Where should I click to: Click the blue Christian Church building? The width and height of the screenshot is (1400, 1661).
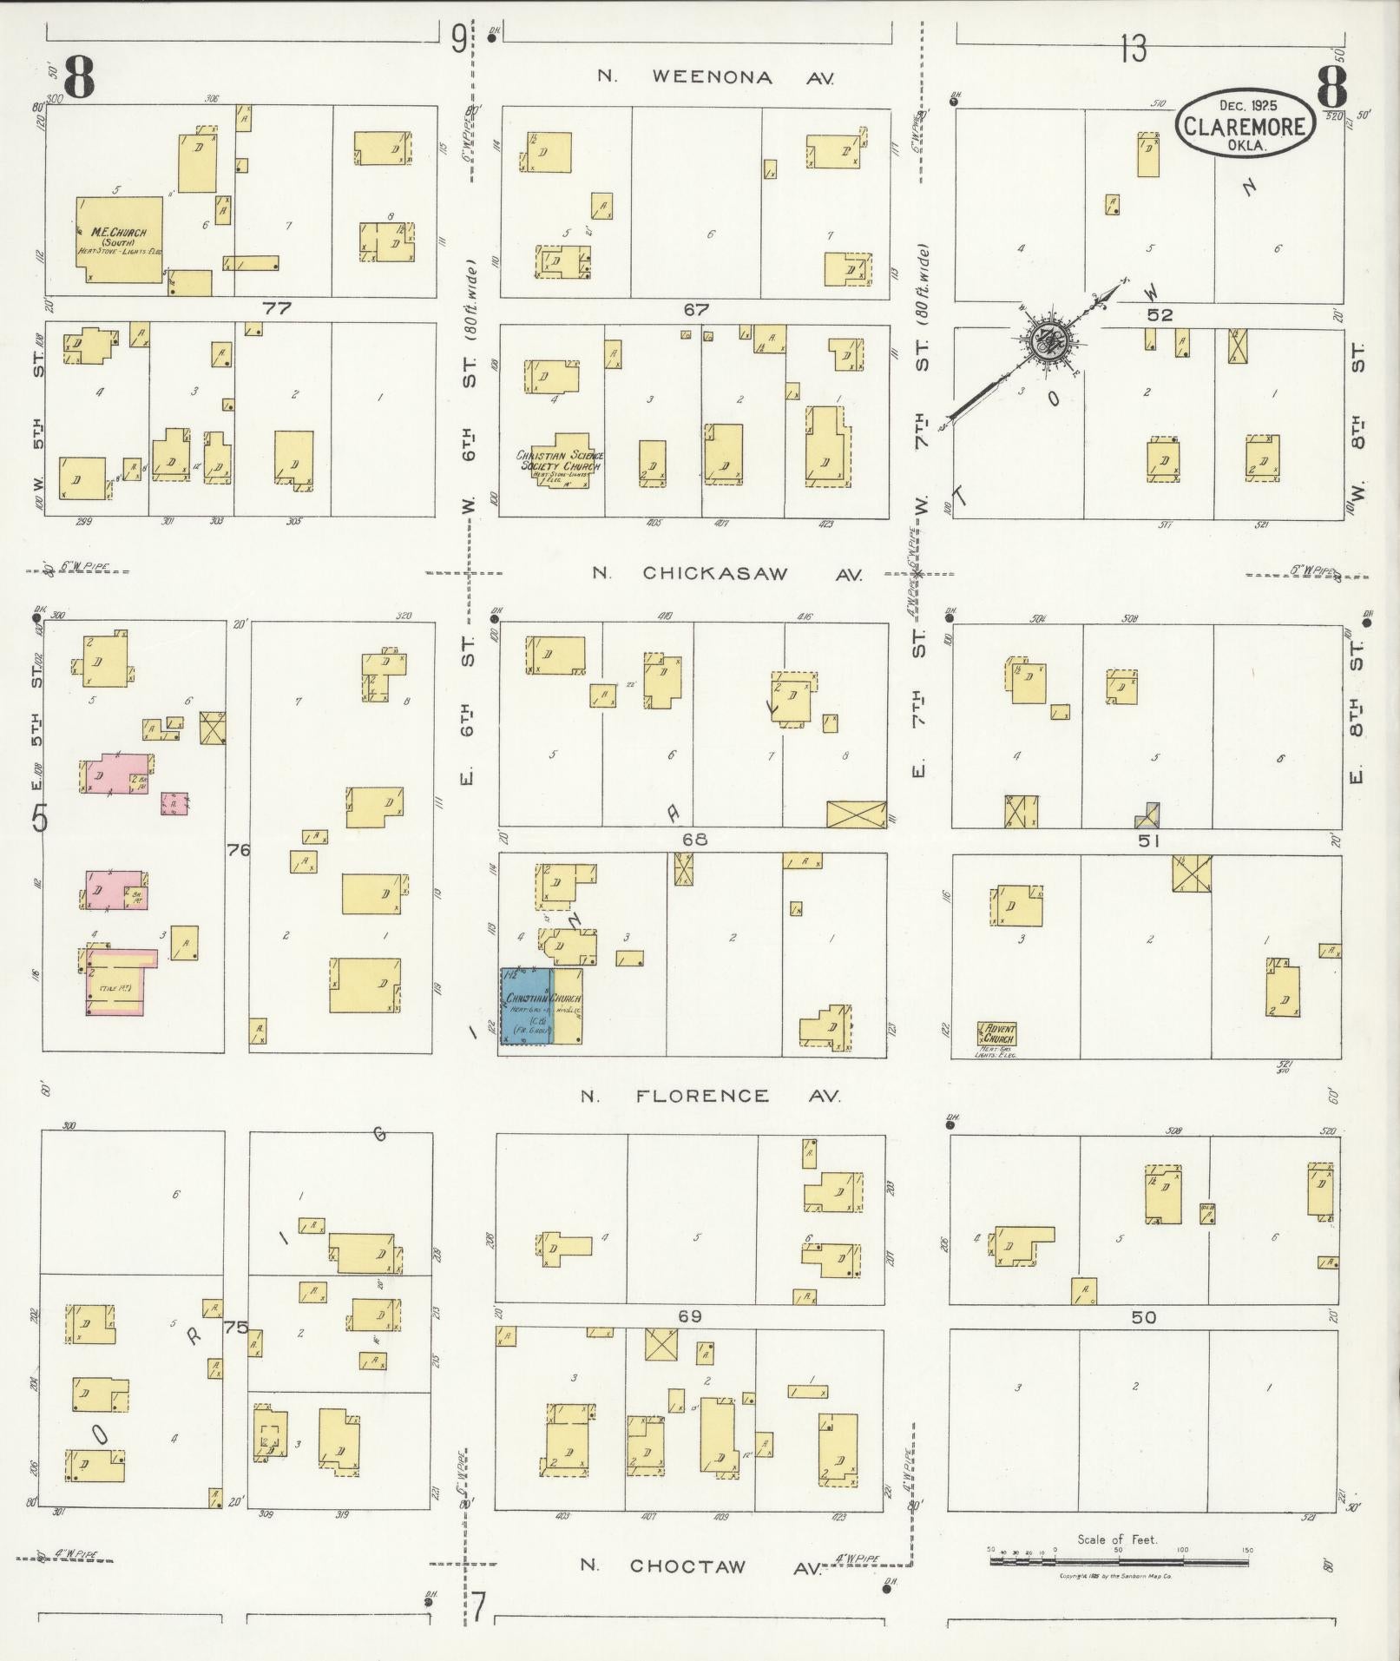(x=525, y=1005)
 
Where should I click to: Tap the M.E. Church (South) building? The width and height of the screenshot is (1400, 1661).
(x=121, y=239)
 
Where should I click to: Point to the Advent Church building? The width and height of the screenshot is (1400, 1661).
(x=997, y=1034)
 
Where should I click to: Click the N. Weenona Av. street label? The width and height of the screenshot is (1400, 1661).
(x=716, y=77)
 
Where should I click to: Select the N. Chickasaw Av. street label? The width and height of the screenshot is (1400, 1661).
(x=726, y=573)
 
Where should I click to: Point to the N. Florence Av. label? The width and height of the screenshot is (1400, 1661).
(x=710, y=1096)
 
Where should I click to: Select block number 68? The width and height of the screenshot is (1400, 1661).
(x=694, y=840)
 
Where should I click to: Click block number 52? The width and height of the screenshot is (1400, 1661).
(x=1160, y=315)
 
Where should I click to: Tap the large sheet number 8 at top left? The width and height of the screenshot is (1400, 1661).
(x=78, y=81)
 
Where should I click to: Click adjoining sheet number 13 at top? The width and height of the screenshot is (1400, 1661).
(x=1133, y=49)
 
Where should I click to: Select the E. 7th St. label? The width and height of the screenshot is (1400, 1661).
(x=919, y=703)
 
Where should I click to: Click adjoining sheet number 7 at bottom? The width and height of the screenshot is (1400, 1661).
(x=477, y=1606)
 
